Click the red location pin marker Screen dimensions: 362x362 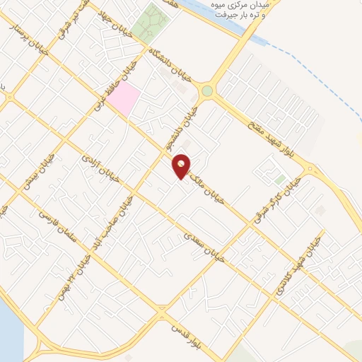click(x=182, y=166)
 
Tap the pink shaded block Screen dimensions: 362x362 click(x=124, y=99)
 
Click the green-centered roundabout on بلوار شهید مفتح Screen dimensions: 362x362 click(x=206, y=90)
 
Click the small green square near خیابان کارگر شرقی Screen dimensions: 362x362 click(x=281, y=180)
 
